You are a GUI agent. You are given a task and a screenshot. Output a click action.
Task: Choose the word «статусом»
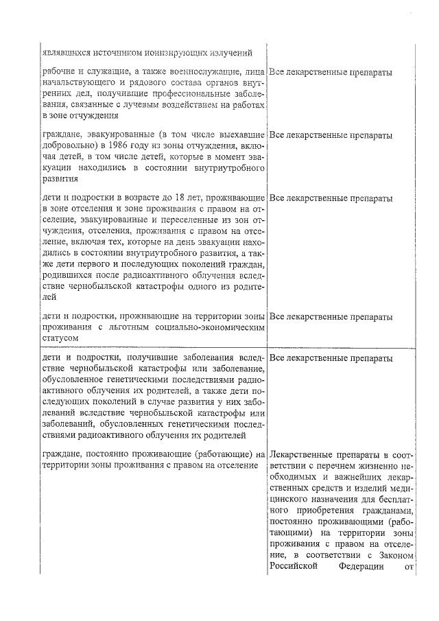click(x=60, y=338)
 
